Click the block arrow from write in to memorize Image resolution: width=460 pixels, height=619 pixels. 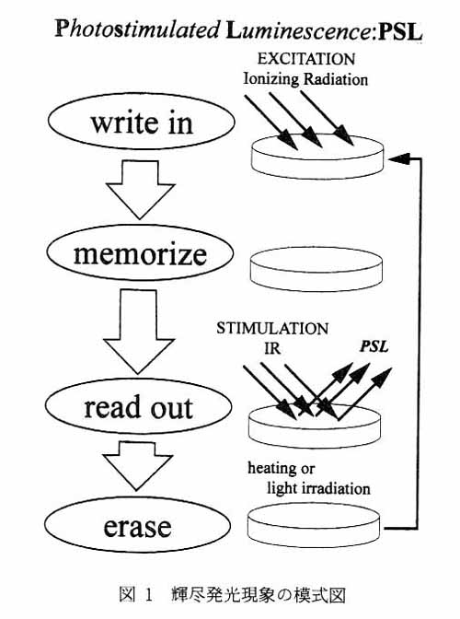141,190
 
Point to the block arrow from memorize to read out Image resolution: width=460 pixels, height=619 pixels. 138,332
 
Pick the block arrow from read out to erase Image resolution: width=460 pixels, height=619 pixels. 137,466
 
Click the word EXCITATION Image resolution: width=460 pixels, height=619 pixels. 306,59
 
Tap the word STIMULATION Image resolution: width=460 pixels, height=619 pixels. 272,329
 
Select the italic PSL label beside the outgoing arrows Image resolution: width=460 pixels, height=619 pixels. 374,346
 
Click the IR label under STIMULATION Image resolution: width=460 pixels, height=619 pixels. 272,348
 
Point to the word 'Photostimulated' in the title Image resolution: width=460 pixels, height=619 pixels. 137,29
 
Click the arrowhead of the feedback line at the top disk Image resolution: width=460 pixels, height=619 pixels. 397,158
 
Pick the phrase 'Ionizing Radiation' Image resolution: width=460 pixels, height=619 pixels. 305,79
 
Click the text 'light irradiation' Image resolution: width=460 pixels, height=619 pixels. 318,488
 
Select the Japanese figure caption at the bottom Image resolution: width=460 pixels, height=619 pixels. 232,595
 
